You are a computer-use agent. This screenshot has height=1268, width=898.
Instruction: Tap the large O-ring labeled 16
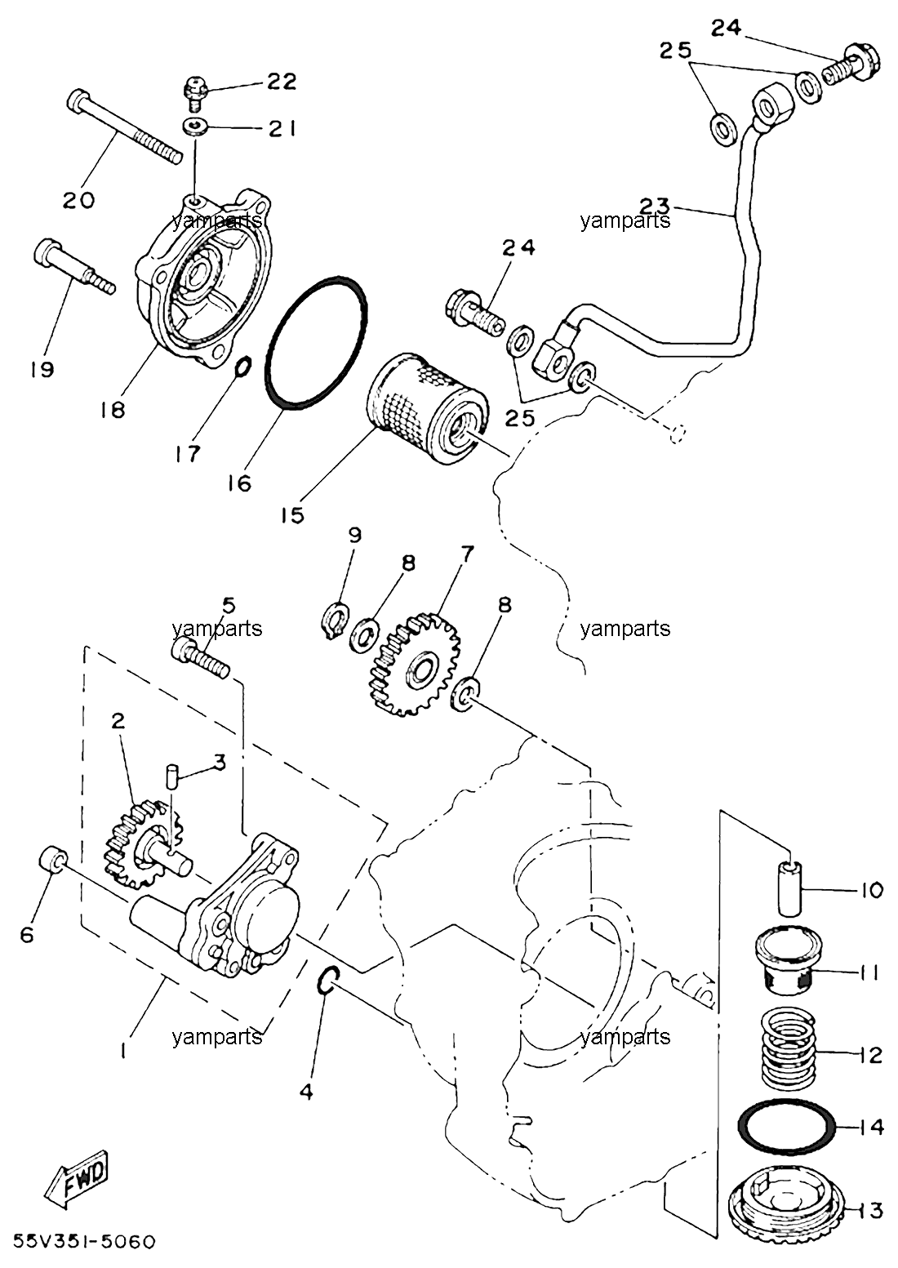coord(316,342)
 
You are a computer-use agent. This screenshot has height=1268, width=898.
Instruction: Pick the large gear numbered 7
coord(415,664)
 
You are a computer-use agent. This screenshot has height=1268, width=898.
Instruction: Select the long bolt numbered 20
coord(124,127)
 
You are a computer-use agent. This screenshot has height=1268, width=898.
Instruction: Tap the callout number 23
coord(655,205)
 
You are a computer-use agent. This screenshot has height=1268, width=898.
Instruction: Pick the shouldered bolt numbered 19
coord(73,267)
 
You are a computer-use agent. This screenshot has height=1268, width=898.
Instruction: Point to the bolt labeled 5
coord(200,656)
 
